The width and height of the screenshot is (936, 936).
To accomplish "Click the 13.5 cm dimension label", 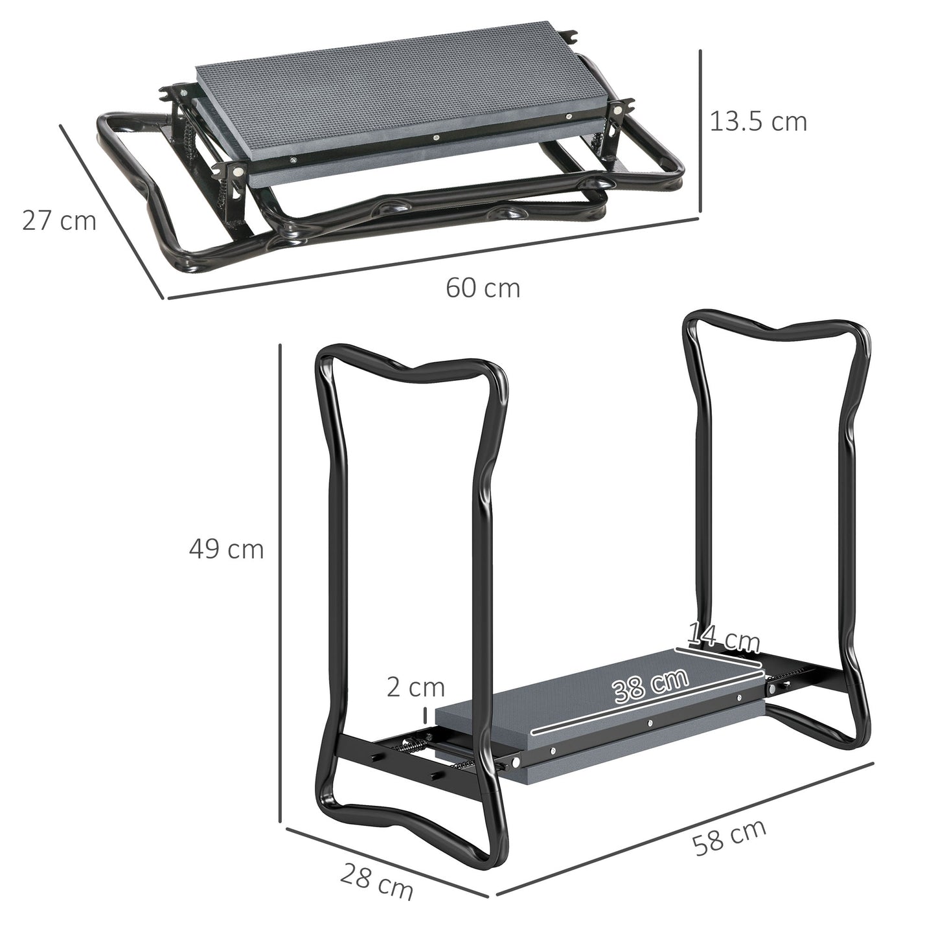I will (759, 121).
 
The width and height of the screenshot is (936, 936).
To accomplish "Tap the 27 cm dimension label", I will (59, 220).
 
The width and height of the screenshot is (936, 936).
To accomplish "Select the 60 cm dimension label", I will (483, 288).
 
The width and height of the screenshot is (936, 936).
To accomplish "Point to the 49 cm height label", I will (227, 549).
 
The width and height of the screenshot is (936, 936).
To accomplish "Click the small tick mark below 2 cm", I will (425, 715).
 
